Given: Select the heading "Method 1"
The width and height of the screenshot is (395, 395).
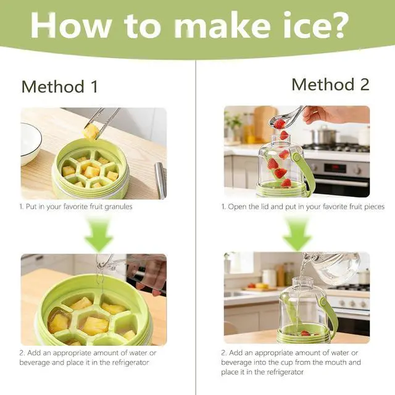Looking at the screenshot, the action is click(60, 86).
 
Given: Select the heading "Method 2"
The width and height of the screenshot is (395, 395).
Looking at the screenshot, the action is click(331, 85).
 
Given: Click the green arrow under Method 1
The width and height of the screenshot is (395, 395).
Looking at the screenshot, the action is click(99, 235).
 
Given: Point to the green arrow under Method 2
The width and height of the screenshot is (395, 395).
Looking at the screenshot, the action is click(297, 235).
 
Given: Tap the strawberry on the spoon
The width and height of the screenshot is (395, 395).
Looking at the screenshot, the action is click(279, 123).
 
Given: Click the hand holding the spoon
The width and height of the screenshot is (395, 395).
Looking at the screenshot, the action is click(335, 115).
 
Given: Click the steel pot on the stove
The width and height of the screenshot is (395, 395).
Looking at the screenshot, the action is click(324, 136).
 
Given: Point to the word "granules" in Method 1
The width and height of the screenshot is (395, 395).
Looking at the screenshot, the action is click(118, 207).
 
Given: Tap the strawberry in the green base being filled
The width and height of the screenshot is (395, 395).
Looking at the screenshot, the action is click(305, 333).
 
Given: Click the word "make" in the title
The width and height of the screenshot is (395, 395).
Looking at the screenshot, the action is click(222, 25).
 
